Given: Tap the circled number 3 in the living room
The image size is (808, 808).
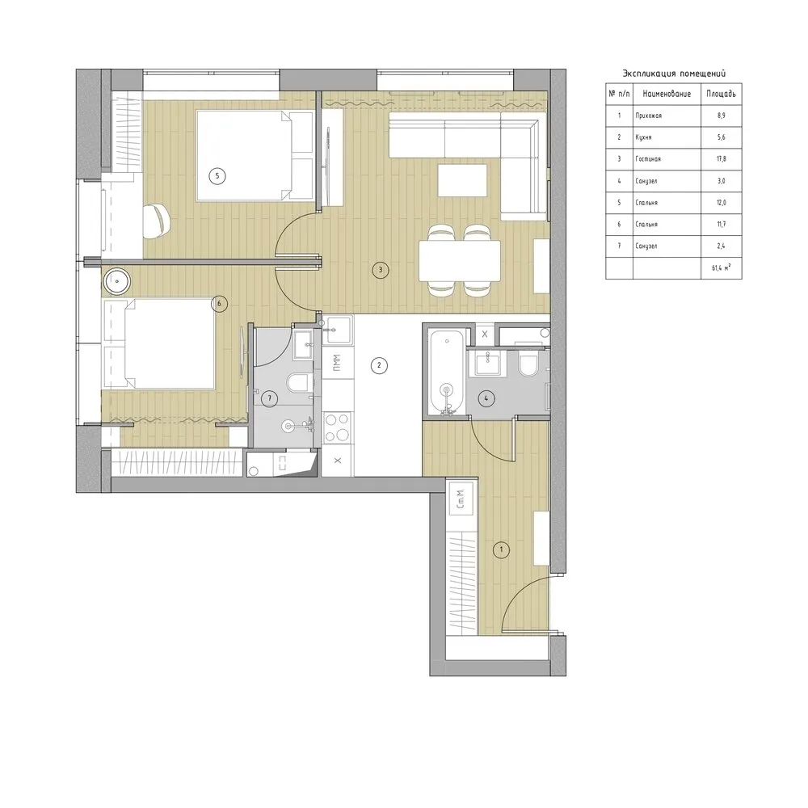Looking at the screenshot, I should click(x=379, y=270).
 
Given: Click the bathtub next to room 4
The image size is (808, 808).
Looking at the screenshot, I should click(x=444, y=372).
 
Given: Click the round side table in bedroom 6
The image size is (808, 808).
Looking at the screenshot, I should click(x=119, y=282).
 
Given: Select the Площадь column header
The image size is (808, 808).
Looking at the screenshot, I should click(x=721, y=94).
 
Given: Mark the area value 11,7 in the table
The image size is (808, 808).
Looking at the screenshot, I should click(x=721, y=225).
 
